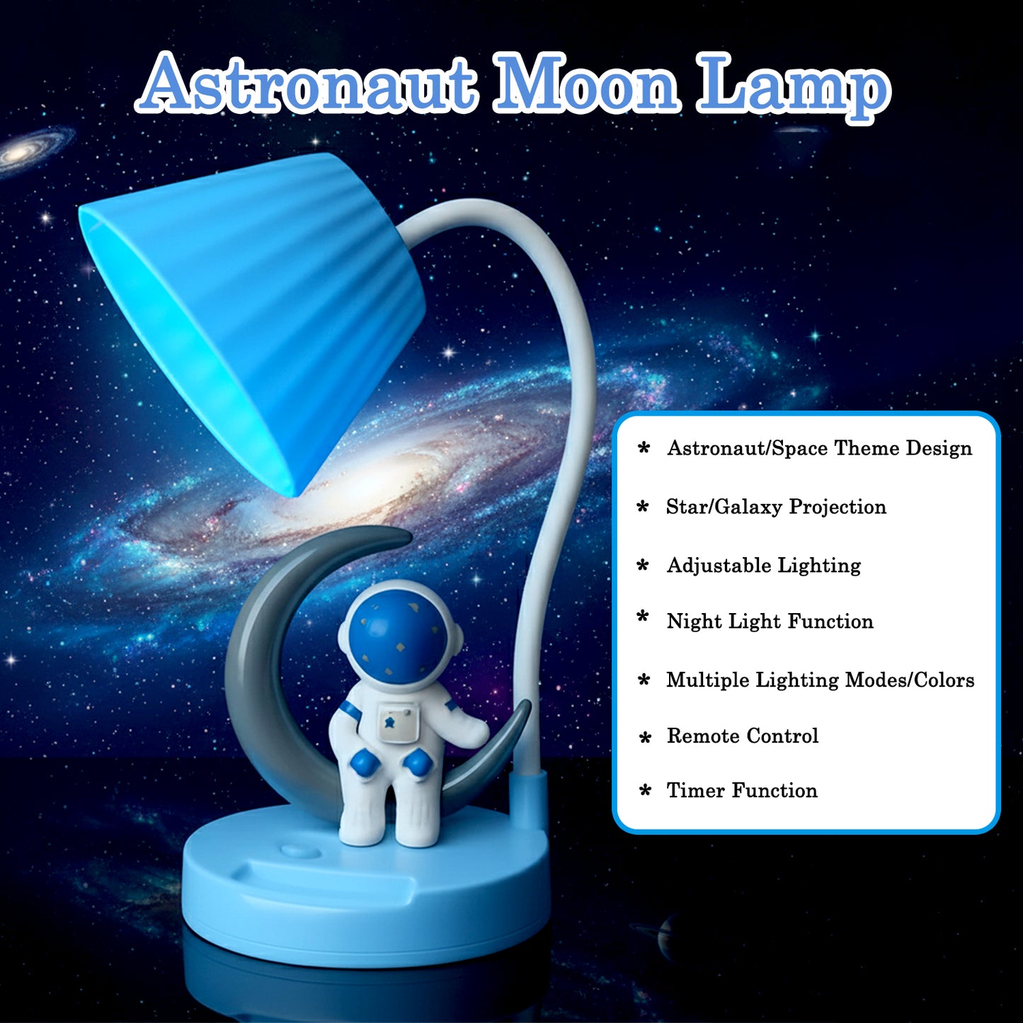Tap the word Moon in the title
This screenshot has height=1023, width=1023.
(585, 85)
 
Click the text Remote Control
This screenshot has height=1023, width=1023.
(742, 736)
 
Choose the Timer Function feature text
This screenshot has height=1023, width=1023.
(741, 790)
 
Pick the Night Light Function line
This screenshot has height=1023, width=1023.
(770, 622)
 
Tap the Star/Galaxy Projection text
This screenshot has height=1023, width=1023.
(776, 507)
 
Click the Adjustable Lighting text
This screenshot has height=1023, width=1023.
(763, 565)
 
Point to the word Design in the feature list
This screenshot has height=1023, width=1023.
(939, 448)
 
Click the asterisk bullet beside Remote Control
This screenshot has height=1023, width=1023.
(644, 738)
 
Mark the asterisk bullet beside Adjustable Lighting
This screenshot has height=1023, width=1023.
(643, 565)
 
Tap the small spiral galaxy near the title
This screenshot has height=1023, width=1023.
(32, 150)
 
